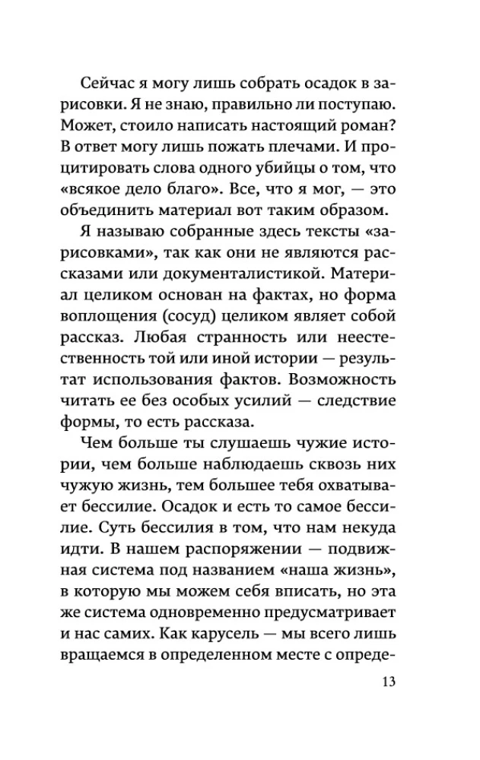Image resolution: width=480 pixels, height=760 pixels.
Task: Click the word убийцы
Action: pyautogui.click(x=284, y=163)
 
